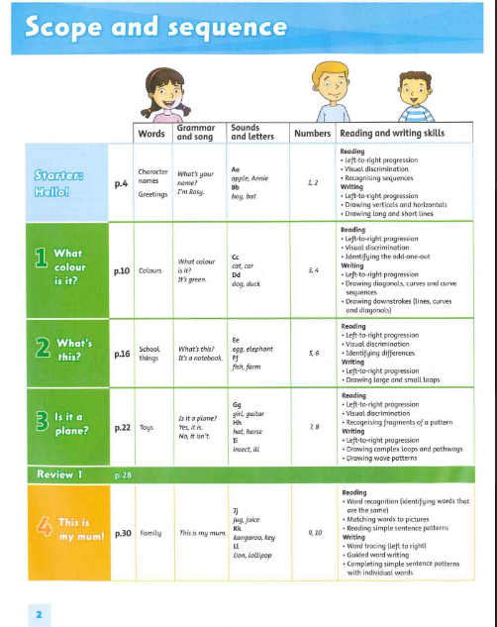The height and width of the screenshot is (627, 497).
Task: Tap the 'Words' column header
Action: pos(151,133)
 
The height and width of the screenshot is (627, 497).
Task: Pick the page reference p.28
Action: pos(124,474)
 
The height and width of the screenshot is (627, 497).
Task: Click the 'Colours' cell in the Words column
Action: pos(150,269)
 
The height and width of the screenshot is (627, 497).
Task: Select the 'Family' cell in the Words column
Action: pos(151,533)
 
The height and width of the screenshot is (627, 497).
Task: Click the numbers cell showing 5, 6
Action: pos(314,352)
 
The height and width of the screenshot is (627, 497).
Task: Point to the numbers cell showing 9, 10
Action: pos(315,533)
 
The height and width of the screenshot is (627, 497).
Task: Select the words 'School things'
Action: pos(150,354)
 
